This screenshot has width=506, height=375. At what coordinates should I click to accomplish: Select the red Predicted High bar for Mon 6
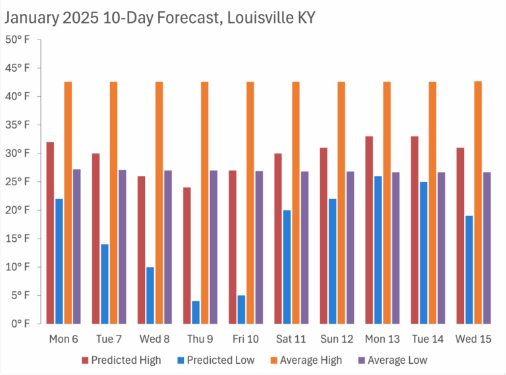point(50,233)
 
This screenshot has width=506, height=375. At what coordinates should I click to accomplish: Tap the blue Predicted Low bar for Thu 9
point(196,312)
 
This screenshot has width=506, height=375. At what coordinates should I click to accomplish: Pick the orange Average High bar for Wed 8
point(159,202)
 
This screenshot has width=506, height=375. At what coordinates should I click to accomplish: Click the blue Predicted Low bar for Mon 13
point(378,250)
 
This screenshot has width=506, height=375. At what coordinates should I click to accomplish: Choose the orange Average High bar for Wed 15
point(478,202)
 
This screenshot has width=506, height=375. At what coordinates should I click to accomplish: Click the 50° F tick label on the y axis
point(18,40)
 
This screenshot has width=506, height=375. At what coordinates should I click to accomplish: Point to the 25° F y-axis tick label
point(18,182)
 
